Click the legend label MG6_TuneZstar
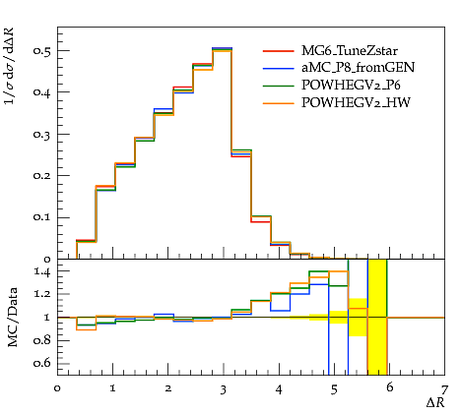point(350,51)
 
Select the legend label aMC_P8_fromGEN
point(358,68)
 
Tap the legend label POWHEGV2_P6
point(351,86)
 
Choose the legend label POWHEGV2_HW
point(356,102)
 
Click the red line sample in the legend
point(279,51)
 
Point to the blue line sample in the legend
point(279,69)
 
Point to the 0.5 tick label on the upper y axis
point(42,51)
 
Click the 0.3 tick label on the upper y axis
point(42,135)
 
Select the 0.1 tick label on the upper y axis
point(42,217)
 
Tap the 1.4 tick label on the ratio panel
point(42,272)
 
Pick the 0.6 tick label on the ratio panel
point(42,363)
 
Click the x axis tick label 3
point(224,390)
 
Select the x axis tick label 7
point(444,390)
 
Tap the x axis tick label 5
point(334,390)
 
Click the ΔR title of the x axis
point(435,403)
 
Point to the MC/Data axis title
point(13,318)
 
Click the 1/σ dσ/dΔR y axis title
point(10,66)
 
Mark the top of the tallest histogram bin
point(223,48)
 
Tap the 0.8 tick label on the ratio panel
point(42,340)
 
